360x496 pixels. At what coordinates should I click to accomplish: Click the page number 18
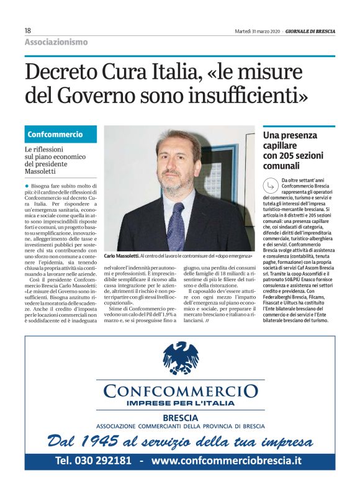(28, 30)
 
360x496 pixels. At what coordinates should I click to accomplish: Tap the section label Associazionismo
(56, 42)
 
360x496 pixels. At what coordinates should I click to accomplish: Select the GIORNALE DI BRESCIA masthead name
(308, 30)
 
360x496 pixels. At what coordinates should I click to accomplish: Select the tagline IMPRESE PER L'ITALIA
(180, 404)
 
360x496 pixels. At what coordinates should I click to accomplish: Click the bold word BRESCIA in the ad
(179, 418)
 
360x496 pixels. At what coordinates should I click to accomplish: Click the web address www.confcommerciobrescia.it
(226, 461)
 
